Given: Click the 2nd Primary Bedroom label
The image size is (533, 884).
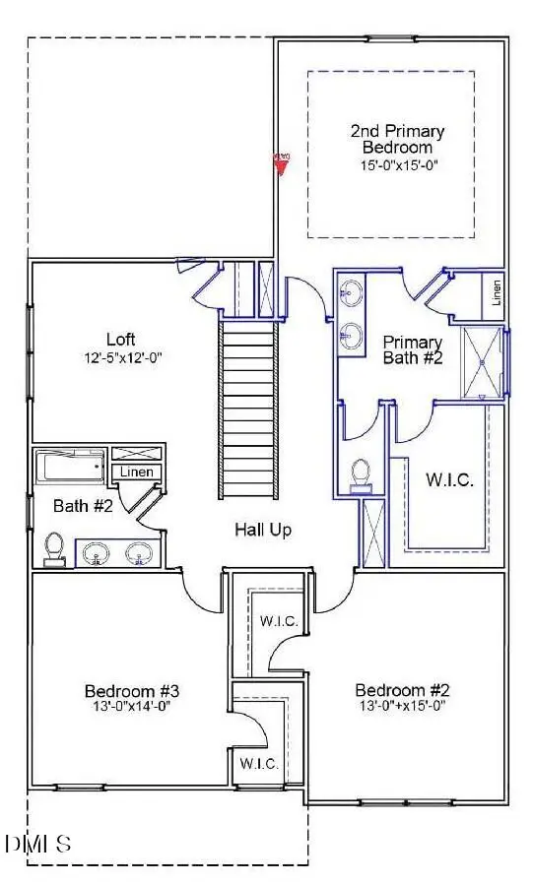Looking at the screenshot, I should [x=397, y=139].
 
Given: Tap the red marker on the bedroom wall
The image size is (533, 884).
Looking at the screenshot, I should [x=282, y=161].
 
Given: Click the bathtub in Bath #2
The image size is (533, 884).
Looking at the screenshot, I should [x=70, y=466].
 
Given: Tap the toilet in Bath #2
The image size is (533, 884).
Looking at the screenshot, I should [x=55, y=547].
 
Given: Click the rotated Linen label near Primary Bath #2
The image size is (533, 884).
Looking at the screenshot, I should [x=497, y=292].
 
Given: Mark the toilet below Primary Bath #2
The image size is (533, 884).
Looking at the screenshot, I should [x=361, y=473].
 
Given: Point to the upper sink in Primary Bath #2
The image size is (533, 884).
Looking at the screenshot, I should [x=352, y=292].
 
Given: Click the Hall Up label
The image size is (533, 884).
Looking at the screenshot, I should [x=263, y=530].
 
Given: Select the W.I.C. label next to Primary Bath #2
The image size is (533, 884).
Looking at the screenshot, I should [x=449, y=481].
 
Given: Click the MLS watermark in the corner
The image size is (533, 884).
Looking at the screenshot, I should [x=38, y=844].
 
